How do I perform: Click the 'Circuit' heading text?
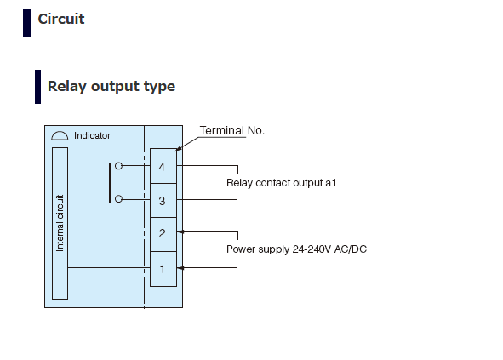pyautogui.click(x=61, y=19)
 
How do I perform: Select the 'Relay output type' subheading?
pyautogui.click(x=111, y=86)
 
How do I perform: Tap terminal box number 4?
pyautogui.click(x=163, y=166)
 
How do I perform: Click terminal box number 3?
pyautogui.click(x=163, y=201)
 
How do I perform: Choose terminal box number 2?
pyautogui.click(x=163, y=235)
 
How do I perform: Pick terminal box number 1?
pyautogui.click(x=163, y=269)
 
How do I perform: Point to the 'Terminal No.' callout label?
pyautogui.click(x=232, y=130)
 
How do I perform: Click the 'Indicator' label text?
pyautogui.click(x=92, y=135)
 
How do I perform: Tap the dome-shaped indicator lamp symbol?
pyautogui.click(x=60, y=136)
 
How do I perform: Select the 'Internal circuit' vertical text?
pyautogui.click(x=60, y=223)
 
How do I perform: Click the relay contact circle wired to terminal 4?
pyautogui.click(x=118, y=166)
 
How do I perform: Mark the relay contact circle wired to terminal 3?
pyautogui.click(x=118, y=199)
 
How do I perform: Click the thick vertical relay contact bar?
pyautogui.click(x=111, y=183)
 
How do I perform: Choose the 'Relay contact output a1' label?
pyautogui.click(x=282, y=183)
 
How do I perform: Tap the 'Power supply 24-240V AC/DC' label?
pyautogui.click(x=296, y=249)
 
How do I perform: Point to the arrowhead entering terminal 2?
pyautogui.click(x=180, y=231)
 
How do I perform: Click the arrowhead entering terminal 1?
pyautogui.click(x=180, y=268)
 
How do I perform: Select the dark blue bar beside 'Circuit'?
pyautogui.click(x=27, y=23)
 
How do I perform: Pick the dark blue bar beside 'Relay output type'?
pyautogui.click(x=37, y=87)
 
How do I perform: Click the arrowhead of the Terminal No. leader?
pyautogui.click(x=179, y=149)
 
